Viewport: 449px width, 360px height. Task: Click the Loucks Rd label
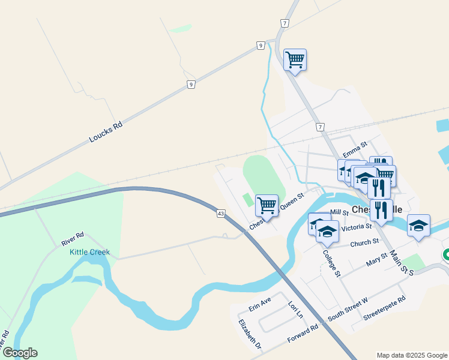coord(106,131)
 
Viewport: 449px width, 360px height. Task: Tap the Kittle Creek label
coord(89,252)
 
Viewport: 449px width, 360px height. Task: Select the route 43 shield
coord(221,213)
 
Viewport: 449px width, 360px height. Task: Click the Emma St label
coord(354,147)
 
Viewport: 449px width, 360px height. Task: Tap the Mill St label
coord(339,212)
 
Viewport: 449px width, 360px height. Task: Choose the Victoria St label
coord(356,228)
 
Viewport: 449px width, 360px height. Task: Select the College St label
coord(331,263)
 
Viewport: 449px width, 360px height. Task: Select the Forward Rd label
coord(303,335)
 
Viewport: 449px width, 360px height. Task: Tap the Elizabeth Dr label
coord(250,334)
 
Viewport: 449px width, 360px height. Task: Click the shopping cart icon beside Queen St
coord(267,205)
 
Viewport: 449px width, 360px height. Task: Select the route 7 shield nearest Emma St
coord(321,127)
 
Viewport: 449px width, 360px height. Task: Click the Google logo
coord(19,353)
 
